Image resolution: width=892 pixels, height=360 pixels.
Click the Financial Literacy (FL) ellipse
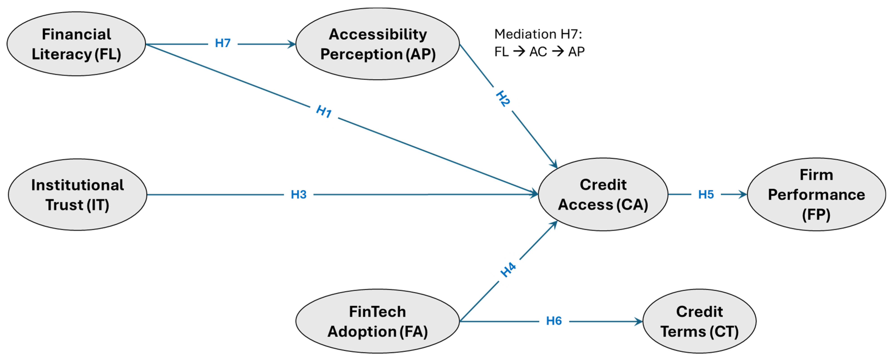point(76,44)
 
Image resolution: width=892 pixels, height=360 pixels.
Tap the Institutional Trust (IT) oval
point(77,195)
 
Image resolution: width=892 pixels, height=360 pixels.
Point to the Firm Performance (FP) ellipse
point(816,195)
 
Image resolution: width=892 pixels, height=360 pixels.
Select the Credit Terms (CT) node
point(699,321)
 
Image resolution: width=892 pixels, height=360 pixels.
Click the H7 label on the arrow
point(223,43)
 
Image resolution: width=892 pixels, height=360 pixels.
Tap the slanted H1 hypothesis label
point(324,112)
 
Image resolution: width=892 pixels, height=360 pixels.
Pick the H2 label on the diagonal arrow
point(503,99)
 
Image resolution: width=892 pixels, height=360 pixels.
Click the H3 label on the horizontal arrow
point(299,195)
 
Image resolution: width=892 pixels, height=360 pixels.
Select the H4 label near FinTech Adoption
point(508,270)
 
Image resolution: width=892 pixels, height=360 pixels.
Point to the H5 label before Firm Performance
point(706,195)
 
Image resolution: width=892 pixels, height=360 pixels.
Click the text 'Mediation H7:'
point(538,34)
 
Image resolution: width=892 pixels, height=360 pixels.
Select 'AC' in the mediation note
point(538,52)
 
